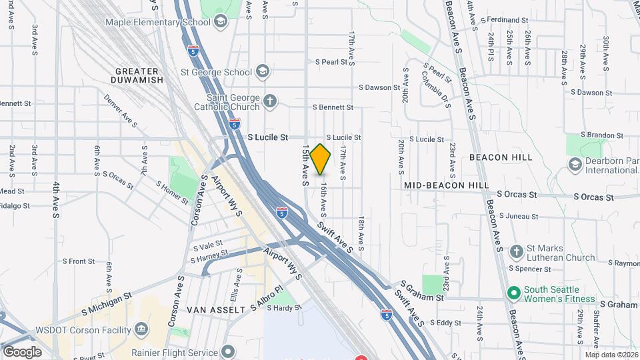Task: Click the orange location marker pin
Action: click(321, 159)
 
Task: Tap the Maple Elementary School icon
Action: click(221, 22)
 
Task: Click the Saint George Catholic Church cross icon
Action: click(269, 101)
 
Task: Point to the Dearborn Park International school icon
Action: click(575, 163)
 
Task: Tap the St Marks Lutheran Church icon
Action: click(515, 252)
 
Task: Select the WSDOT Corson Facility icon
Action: click(141, 329)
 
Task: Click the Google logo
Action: click(22, 351)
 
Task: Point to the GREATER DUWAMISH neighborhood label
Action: click(139, 75)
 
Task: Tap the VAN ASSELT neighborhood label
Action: click(216, 310)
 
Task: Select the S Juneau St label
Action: click(517, 216)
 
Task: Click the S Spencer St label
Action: click(530, 269)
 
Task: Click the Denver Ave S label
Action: click(121, 111)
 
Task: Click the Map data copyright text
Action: click(611, 355)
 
